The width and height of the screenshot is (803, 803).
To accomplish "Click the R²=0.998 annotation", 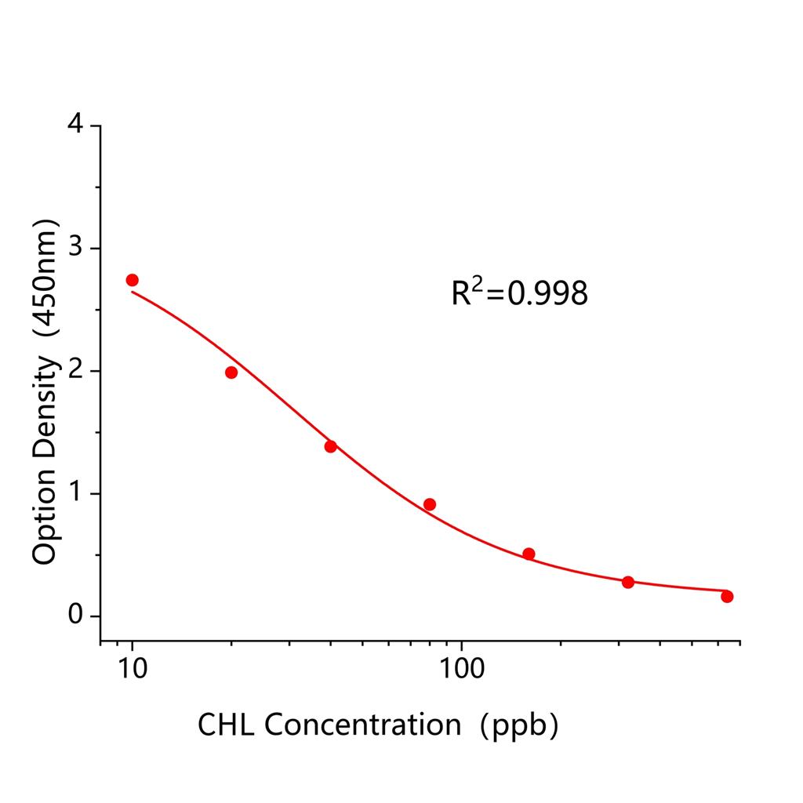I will coord(519,293).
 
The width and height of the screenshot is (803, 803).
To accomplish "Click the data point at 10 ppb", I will coord(132,280).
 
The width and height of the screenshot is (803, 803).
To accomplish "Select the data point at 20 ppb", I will coord(231,372).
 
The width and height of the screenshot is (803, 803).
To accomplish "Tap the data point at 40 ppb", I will coord(330,446).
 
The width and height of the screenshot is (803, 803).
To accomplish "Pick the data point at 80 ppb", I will coord(429,504).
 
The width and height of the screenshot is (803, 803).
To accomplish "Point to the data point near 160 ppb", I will coord(529,554).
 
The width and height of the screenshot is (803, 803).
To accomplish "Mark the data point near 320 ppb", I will coord(627,582).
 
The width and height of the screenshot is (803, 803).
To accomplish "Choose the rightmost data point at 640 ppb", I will coord(727,596).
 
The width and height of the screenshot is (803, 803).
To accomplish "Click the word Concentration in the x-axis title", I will coord(362,725).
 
